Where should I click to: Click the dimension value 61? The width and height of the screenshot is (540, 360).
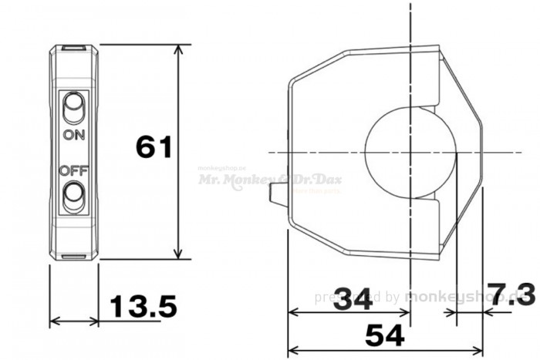pyautogui.click(x=153, y=146)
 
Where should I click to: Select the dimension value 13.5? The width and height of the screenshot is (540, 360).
pyautogui.click(x=143, y=307)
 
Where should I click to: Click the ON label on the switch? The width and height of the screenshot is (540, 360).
pyautogui.click(x=74, y=135)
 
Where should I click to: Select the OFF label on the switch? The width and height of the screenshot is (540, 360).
pyautogui.click(x=74, y=170)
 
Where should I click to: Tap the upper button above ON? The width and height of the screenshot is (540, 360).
pyautogui.click(x=74, y=109)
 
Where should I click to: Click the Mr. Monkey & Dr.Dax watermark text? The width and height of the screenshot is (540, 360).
pyautogui.click(x=270, y=179)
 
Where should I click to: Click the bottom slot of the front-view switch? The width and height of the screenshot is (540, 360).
pyautogui.click(x=74, y=257)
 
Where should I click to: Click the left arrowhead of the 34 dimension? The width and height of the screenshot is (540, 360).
pyautogui.click(x=292, y=313)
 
